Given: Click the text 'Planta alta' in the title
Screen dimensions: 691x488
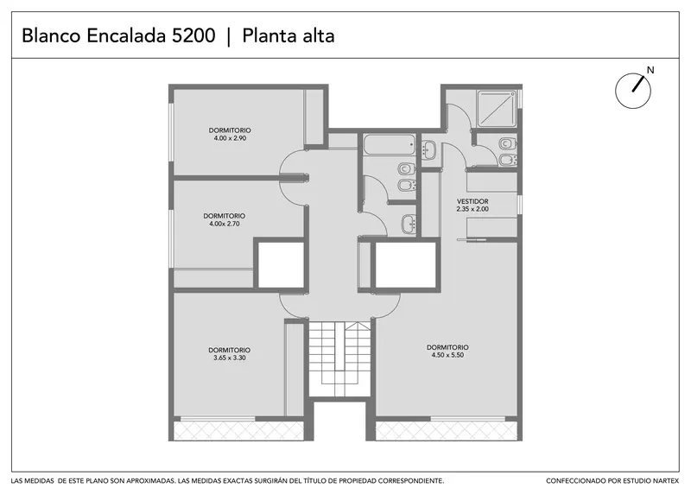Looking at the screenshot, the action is (288, 35).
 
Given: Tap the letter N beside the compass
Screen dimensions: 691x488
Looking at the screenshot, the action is (650, 70).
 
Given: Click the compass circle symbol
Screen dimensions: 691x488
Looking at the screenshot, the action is (633, 91).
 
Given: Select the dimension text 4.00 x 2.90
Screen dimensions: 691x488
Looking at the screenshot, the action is (230, 138).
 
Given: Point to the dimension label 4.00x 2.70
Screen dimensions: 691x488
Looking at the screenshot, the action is (225, 224).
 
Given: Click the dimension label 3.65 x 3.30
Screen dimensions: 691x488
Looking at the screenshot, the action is (230, 358).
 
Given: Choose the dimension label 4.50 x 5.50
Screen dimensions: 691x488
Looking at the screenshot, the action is (447, 355).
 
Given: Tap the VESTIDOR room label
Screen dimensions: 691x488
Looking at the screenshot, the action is (472, 201).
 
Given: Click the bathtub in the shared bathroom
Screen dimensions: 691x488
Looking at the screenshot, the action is (390, 144).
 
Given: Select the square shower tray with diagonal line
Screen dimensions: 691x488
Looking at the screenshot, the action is (497, 109).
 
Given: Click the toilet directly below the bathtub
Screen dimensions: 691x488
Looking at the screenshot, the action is (406, 168).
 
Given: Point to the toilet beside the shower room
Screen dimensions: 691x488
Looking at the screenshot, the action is (507, 143).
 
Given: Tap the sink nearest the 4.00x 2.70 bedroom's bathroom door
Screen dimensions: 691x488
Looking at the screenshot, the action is (409, 224).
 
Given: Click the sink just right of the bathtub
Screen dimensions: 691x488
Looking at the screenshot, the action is (428, 149).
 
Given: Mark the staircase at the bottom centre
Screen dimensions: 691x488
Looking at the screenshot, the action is (339, 359).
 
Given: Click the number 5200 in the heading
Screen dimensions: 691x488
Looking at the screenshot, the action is (193, 35).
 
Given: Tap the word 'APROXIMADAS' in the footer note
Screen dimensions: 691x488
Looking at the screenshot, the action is (148, 480).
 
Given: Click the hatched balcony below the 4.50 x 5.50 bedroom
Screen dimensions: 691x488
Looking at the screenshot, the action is (446, 431).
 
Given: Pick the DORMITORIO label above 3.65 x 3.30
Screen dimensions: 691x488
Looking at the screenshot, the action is (230, 350).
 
